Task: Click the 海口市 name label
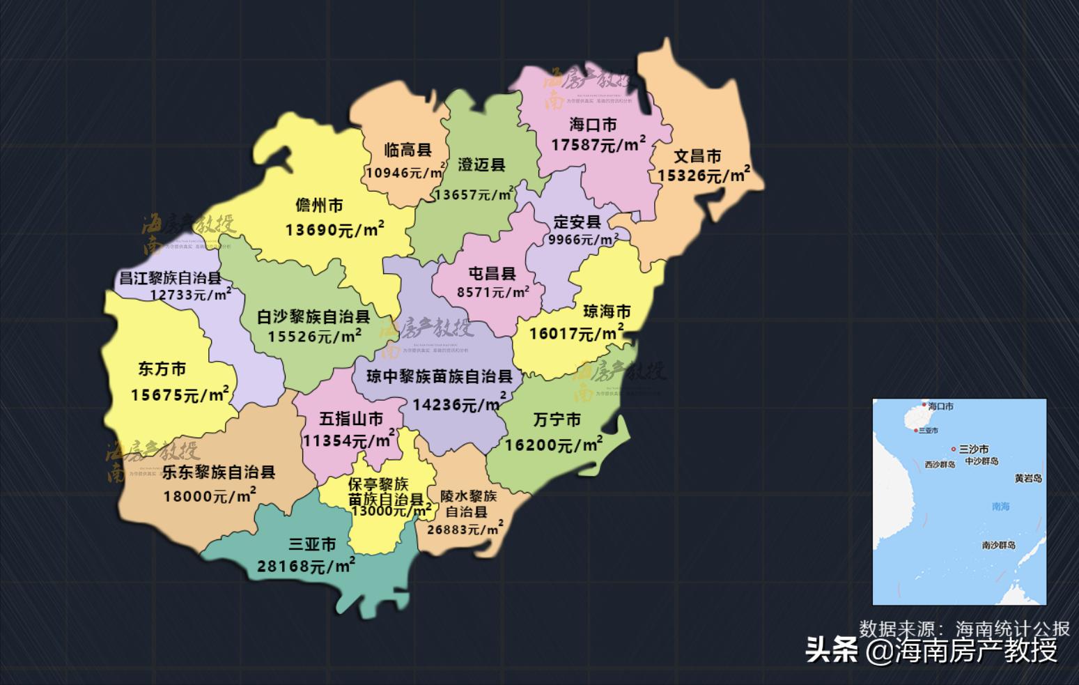coord(593,125)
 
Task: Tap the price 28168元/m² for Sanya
coord(306,566)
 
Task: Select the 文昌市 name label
coord(697,156)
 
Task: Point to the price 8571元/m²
coord(492,293)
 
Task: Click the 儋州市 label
coord(319,206)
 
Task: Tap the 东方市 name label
coord(162,369)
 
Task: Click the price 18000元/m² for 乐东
coord(210,495)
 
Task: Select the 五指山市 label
coord(351,419)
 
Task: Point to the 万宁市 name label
coord(557,420)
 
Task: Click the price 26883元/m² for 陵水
coord(465,529)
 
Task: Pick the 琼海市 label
coord(607,311)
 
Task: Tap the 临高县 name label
coord(408,150)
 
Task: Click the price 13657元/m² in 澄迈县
coord(474,194)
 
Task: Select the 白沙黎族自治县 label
coord(313,317)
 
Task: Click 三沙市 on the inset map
coord(973,449)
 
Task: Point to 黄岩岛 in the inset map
coord(1028,479)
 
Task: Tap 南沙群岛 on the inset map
coord(998,545)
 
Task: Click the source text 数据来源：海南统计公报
coord(964,629)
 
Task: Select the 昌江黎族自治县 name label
coord(170,278)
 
